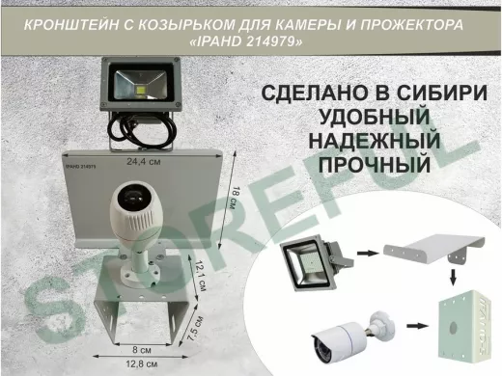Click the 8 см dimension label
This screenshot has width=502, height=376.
140,348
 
